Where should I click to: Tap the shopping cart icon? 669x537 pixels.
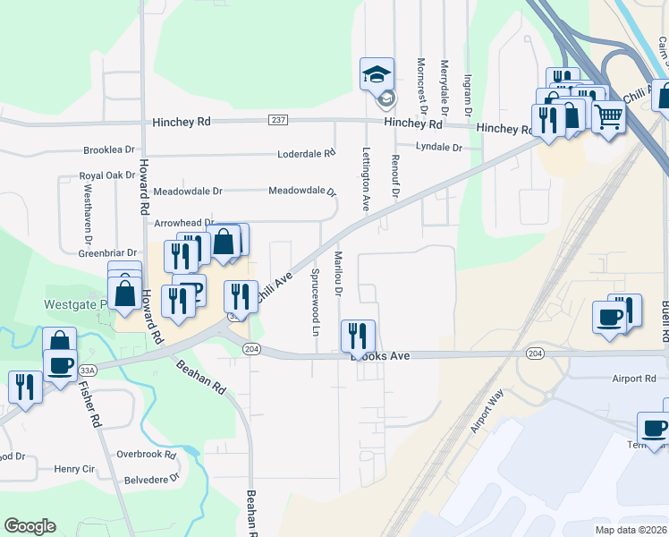coord(608,116)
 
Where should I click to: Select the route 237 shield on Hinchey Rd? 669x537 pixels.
coord(277,120)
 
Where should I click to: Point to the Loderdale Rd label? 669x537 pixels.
coord(305,153)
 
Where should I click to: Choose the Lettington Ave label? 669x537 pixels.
coord(366,179)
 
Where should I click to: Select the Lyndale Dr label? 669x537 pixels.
coord(439,148)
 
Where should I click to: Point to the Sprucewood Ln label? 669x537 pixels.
coord(316,299)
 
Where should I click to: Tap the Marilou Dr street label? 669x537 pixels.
coord(339,277)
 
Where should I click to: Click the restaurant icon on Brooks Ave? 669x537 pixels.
coord(358,337)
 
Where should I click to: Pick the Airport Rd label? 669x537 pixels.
coord(636,379)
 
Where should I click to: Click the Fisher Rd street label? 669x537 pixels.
coord(88,405)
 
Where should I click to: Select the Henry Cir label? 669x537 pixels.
coord(74,468)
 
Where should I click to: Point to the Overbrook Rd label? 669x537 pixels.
coord(147,455)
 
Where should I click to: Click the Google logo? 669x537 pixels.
coord(30,526)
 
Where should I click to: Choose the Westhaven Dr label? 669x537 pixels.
coord(89,215)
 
